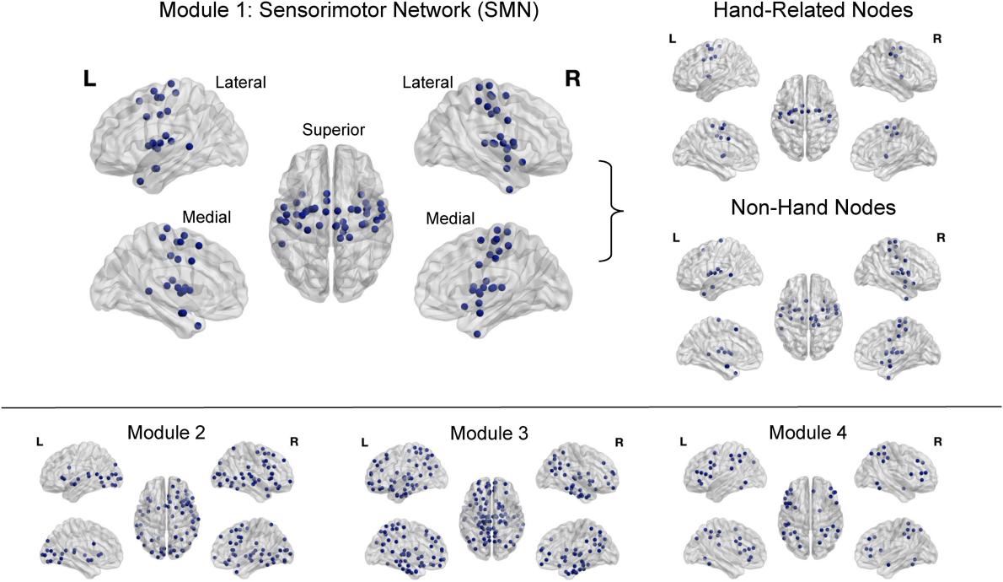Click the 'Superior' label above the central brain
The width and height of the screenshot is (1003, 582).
pos(335,130)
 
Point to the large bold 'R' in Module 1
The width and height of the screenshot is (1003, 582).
pos(573,78)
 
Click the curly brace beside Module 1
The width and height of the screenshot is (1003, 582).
pos(612,209)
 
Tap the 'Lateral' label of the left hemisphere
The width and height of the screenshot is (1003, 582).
pos(240,83)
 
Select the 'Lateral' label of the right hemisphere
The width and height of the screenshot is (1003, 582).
pos(427,82)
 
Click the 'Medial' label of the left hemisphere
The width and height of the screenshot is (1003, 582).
pos(206,218)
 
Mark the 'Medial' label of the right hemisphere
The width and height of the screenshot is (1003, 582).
pos(450,218)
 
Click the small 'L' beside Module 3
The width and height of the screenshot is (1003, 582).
pos(365,442)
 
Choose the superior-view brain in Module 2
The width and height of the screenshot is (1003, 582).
pos(169,517)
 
